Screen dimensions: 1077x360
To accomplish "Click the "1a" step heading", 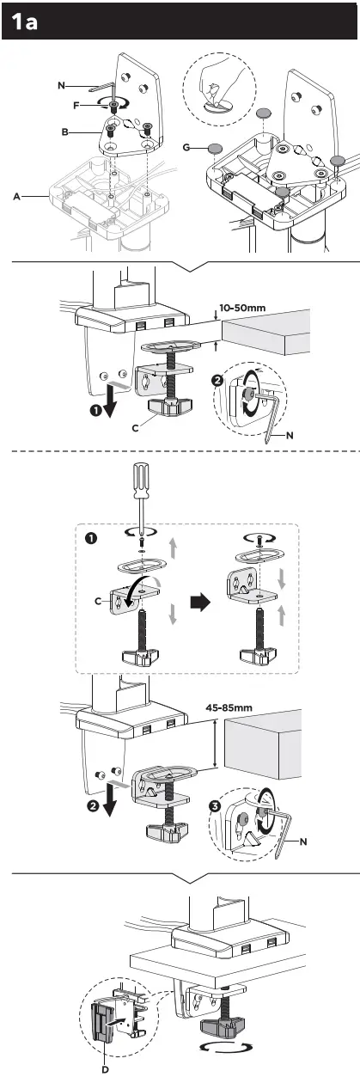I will pos(23,23).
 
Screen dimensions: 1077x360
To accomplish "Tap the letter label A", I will pos(16,197).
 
